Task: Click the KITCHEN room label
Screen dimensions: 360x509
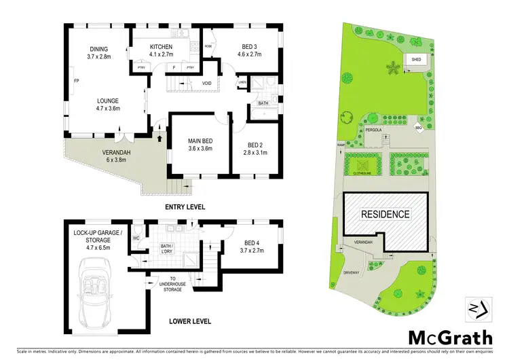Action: coord(161,47)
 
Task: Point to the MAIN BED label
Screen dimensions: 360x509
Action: coord(200,141)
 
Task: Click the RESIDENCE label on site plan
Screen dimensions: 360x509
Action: coord(385,214)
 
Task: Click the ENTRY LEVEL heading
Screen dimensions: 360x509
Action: coord(184,206)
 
